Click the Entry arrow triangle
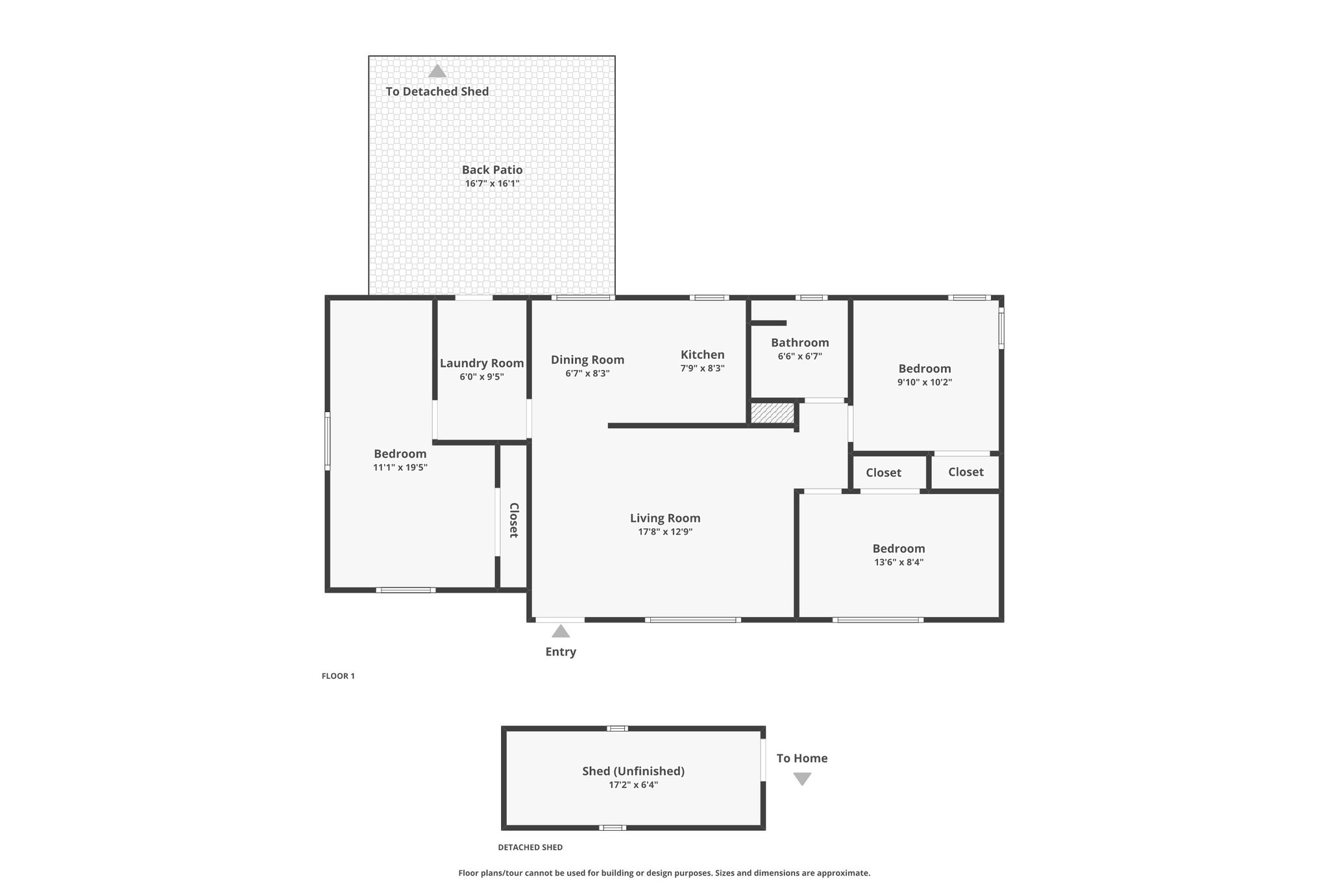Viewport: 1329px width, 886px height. pos(561,632)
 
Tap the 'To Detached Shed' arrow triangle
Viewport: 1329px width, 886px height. pos(437,71)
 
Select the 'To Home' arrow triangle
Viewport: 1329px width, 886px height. pos(803,779)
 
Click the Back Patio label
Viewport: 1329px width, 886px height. pos(492,169)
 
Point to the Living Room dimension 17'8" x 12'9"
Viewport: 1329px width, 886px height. pos(665,532)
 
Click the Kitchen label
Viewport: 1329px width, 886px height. pos(702,354)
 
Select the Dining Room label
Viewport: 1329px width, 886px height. pos(587,360)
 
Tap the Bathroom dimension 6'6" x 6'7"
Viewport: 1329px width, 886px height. pos(799,356)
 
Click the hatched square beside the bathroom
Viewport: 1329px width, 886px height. pos(772,413)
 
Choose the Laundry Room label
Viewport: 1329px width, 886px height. pos(482,363)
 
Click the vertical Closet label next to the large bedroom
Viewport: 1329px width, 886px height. pos(513,520)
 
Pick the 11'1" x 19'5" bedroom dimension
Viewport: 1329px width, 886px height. pos(400,467)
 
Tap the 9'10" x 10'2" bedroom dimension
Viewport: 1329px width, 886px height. pos(924,382)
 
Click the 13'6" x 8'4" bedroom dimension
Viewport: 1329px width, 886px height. pos(898,562)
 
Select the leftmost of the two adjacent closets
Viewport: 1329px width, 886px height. pos(883,473)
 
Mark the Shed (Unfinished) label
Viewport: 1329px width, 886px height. pos(633,771)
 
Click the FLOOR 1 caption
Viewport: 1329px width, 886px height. pos(338,676)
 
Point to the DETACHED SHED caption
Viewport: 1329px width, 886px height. pos(530,847)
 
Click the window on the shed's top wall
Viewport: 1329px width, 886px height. pos(617,728)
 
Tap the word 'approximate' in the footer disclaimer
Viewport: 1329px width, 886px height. pos(845,873)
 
